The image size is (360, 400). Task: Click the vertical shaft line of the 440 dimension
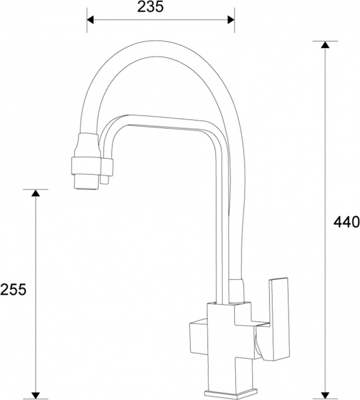click(325, 167)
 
